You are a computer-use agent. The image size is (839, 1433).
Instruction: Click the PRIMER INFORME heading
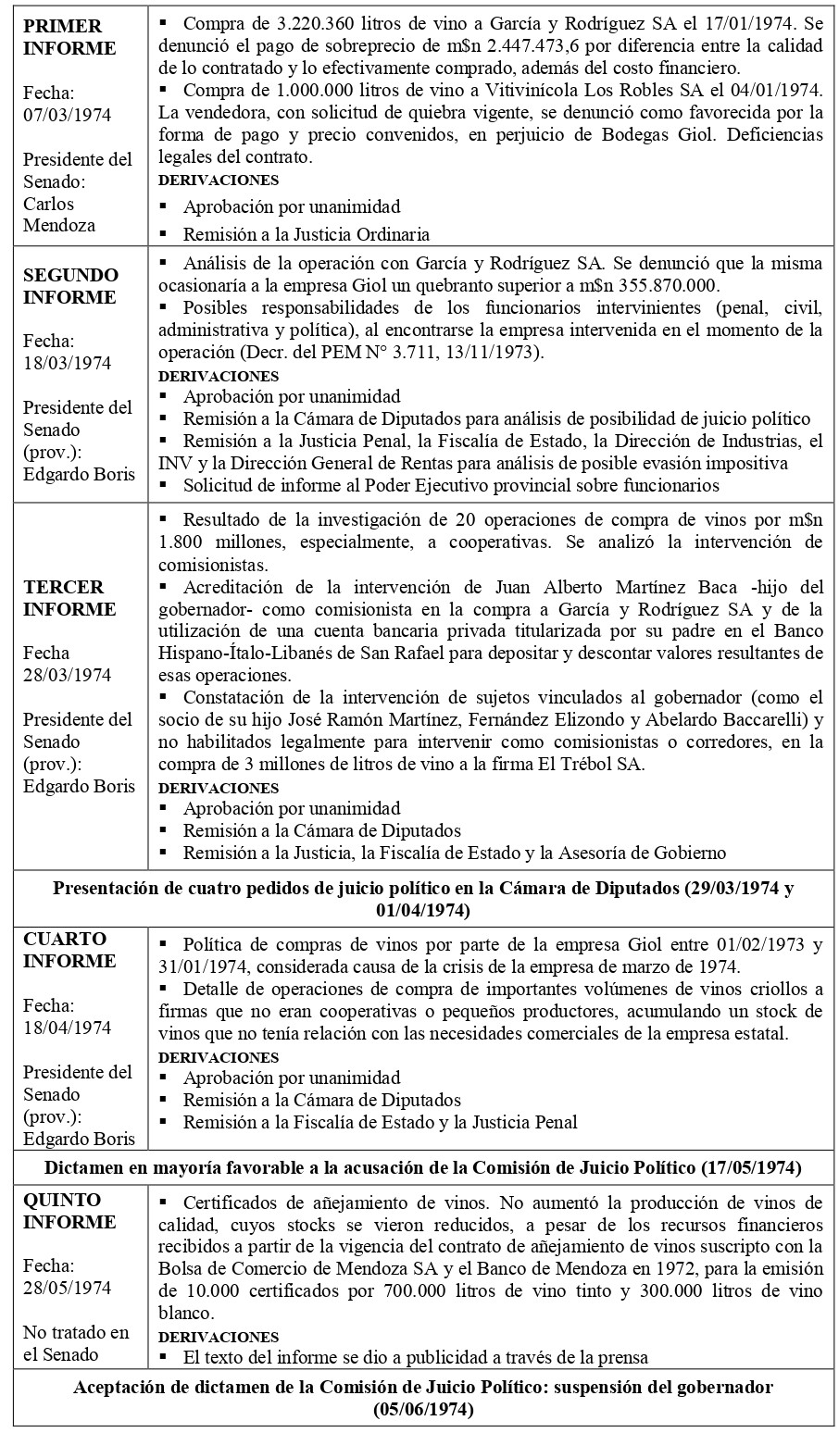[x=69, y=37]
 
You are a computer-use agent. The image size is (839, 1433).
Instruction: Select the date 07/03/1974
[x=67, y=115]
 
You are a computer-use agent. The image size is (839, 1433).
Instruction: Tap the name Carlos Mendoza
[x=60, y=214]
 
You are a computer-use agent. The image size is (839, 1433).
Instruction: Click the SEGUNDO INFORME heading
[x=70, y=286]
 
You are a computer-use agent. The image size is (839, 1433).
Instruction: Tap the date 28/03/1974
[x=67, y=675]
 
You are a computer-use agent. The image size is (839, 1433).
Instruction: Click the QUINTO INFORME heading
[x=69, y=1211]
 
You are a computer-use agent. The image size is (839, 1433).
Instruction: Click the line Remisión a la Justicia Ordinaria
[x=307, y=234]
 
